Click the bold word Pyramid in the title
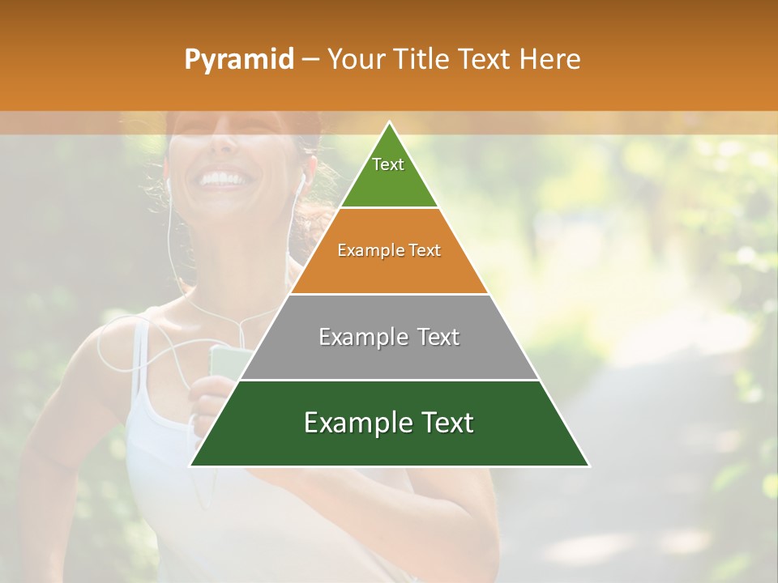click(238, 60)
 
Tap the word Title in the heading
click(420, 60)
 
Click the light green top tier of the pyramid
click(389, 174)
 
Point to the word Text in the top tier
click(388, 164)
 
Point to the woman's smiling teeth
click(223, 177)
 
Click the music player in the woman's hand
click(222, 360)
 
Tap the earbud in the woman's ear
click(304, 177)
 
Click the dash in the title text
click(310, 60)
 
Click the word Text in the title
click(484, 60)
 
